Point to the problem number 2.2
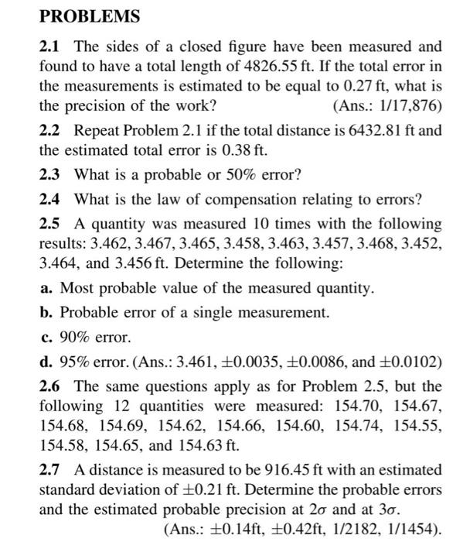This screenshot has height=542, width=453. click(50, 130)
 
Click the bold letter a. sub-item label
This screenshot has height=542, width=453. click(46, 289)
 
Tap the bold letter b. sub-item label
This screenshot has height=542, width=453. click(46, 314)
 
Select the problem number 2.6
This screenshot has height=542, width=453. click(50, 387)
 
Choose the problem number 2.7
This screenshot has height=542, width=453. click(50, 470)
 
